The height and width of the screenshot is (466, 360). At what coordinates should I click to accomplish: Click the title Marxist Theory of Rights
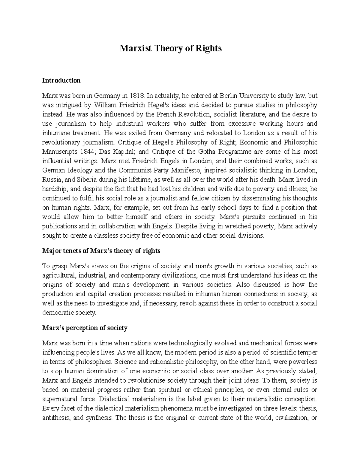171,48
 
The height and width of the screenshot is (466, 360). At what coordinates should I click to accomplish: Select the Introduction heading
61,80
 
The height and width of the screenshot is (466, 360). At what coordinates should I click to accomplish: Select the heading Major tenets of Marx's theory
101,251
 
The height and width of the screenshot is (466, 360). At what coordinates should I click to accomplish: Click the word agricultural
59,275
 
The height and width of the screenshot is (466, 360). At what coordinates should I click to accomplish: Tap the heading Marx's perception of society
85,328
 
